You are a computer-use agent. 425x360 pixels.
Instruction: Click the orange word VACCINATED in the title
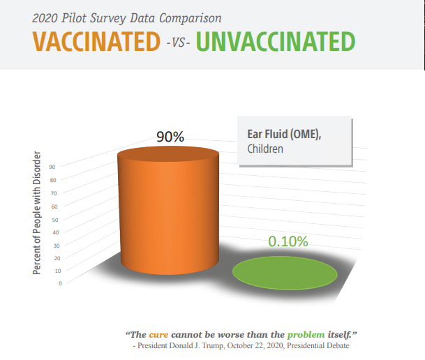coord(96,41)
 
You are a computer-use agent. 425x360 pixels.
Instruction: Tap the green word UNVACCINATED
coord(276,41)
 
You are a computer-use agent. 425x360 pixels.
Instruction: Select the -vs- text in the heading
coord(178,43)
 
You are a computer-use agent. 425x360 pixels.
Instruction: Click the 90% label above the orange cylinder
coord(170,137)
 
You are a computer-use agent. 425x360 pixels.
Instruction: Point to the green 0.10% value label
coord(288,241)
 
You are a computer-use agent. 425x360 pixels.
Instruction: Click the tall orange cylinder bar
coord(168,211)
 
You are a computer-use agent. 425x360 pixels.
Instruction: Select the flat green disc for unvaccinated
coord(285,273)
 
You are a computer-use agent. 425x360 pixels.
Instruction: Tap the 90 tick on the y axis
coord(52,167)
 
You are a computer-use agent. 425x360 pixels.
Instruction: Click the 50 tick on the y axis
coord(55,220)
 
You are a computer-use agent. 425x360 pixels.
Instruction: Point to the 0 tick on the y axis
coord(60,283)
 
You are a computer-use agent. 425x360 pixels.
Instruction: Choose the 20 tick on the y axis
coord(57,258)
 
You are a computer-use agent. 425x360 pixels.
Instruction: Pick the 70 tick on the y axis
coord(54,193)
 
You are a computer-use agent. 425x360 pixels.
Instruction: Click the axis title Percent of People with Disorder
coord(36,213)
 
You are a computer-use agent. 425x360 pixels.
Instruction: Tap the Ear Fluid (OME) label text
coord(284,135)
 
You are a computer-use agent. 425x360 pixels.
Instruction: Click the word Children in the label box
coord(265,149)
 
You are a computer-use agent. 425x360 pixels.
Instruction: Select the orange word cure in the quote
coord(158,335)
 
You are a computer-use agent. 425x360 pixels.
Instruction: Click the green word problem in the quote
coord(306,335)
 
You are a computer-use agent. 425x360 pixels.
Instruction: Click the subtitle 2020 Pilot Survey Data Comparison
coord(127,18)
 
